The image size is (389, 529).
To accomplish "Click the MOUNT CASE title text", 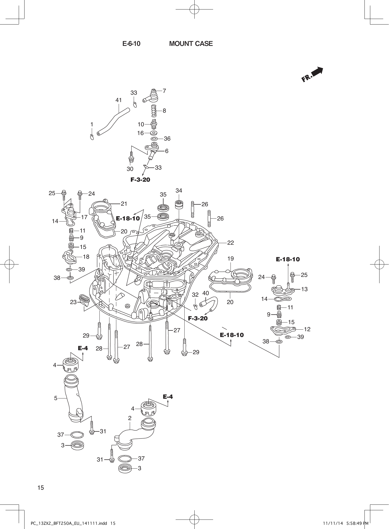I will pos(191,44).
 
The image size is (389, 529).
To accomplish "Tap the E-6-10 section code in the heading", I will pos(131,44).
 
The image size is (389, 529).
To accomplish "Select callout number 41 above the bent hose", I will pos(119,100).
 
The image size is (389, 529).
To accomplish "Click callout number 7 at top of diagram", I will pos(164,91).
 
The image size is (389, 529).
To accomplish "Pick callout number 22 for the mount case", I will pos(230,243).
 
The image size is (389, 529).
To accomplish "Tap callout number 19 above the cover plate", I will pos(230,259).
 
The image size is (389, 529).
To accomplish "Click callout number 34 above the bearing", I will pos(179,190).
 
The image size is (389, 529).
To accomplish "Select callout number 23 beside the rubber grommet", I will pos(73,302).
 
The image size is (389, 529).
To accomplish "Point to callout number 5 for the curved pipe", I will pos(56,398).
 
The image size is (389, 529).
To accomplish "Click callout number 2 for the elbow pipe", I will pos(130,418).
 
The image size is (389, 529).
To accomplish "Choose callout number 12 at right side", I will pos(307,329).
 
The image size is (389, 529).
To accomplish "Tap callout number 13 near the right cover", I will pos(304,289).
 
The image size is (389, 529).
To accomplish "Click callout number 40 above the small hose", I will pos(205,293).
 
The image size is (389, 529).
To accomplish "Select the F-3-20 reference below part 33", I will pos(140,180).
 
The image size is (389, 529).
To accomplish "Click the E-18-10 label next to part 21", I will pos(128,219).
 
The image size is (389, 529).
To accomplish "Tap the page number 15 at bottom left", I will pos(41,488).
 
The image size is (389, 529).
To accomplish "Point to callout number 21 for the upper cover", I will pos(124,204).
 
